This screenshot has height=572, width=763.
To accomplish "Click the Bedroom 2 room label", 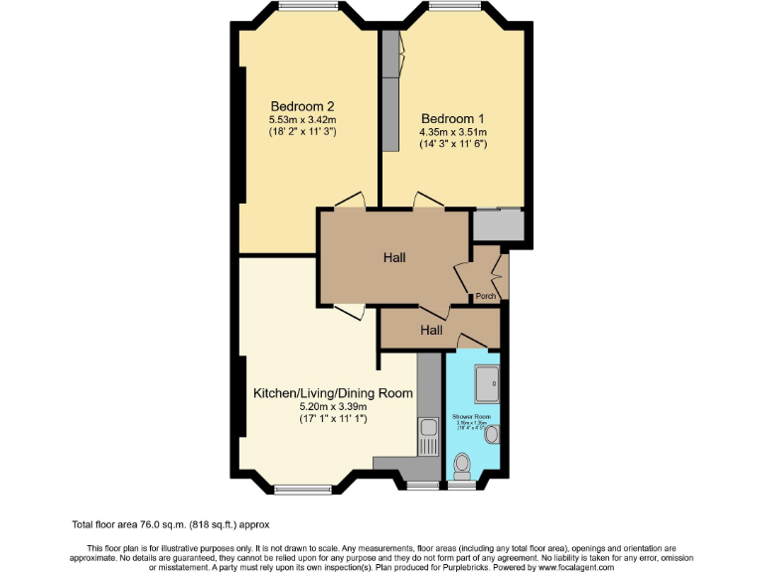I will click(x=302, y=106).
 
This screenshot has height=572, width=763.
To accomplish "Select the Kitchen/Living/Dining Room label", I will click(x=333, y=393).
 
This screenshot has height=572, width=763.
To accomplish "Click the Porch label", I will click(x=486, y=296).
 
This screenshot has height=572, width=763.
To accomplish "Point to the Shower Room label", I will click(x=472, y=416).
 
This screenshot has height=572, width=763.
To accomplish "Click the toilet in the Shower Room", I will click(x=462, y=465).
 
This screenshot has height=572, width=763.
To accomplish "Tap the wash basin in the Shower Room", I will click(x=491, y=433).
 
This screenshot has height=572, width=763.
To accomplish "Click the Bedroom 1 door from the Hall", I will click(x=428, y=201).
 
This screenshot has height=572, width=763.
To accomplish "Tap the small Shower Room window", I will click(x=462, y=486).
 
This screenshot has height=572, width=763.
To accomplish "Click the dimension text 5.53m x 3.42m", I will click(x=302, y=119).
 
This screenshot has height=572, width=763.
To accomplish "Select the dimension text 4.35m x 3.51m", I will click(x=453, y=131).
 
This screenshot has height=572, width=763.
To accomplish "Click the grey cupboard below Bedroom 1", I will click(x=497, y=225).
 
